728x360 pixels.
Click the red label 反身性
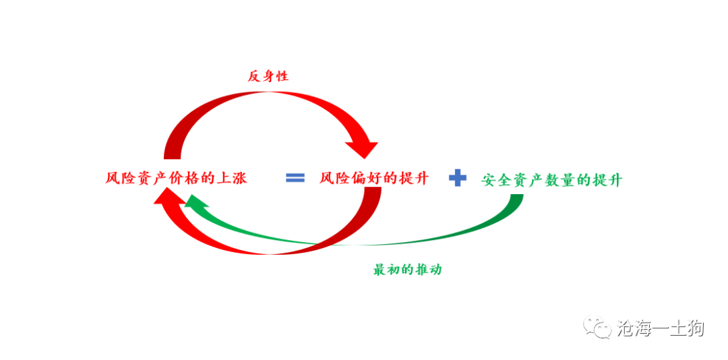(x=268, y=76)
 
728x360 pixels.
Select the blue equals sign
(x=295, y=178)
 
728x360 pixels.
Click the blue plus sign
(x=458, y=178)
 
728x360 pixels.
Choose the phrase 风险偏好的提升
(x=374, y=179)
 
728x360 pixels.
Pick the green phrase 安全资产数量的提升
(x=552, y=180)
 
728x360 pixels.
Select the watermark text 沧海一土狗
(x=660, y=328)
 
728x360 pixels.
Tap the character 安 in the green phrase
(x=489, y=180)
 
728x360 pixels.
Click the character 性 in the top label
(x=282, y=76)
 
